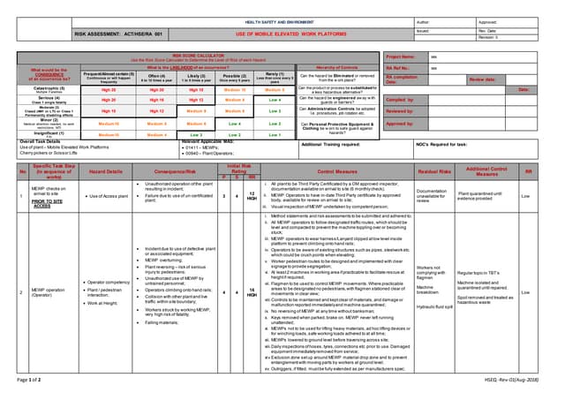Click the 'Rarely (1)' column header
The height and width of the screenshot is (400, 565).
(275, 77)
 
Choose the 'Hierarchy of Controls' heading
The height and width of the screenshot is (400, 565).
(336, 66)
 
